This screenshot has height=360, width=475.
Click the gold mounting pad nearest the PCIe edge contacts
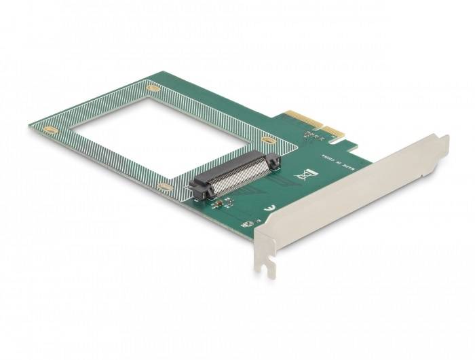point(269,141)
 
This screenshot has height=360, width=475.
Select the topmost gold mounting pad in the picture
point(154,88)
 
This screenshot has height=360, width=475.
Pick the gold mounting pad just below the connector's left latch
point(164,185)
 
